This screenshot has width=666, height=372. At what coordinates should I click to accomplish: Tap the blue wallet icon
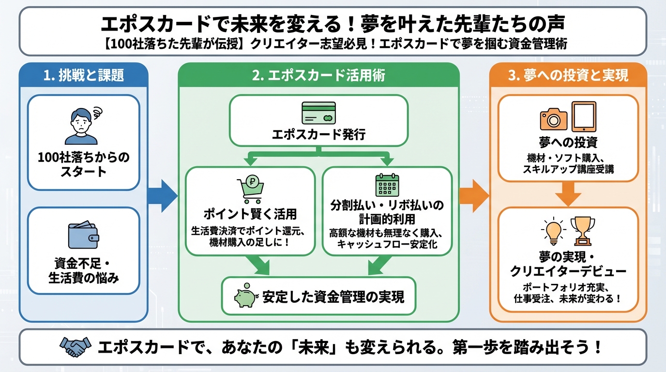pyautogui.click(x=83, y=235)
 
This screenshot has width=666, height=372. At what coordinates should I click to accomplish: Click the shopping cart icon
pyautogui.click(x=250, y=189)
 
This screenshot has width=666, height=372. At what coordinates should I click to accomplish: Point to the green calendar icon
pyautogui.click(x=386, y=185)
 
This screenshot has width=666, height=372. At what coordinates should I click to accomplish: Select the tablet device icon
pyautogui.click(x=583, y=117)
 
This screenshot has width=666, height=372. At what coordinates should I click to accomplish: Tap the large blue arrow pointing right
pyautogui.click(x=163, y=196)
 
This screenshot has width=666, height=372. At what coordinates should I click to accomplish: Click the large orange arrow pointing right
pyautogui.click(x=474, y=196)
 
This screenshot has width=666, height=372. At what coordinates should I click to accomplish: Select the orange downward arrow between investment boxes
pyautogui.click(x=568, y=194)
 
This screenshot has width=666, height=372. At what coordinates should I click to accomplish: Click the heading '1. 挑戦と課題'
pyautogui.click(x=83, y=76)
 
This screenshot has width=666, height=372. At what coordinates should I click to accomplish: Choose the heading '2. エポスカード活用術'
pyautogui.click(x=318, y=76)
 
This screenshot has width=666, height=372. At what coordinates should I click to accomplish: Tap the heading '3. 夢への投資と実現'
pyautogui.click(x=568, y=76)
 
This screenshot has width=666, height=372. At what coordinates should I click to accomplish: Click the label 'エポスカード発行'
pyautogui.click(x=318, y=134)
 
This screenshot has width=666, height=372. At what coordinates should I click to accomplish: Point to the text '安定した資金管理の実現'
pyautogui.click(x=333, y=296)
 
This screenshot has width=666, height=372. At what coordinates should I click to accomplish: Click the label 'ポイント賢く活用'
pyautogui.click(x=250, y=214)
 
